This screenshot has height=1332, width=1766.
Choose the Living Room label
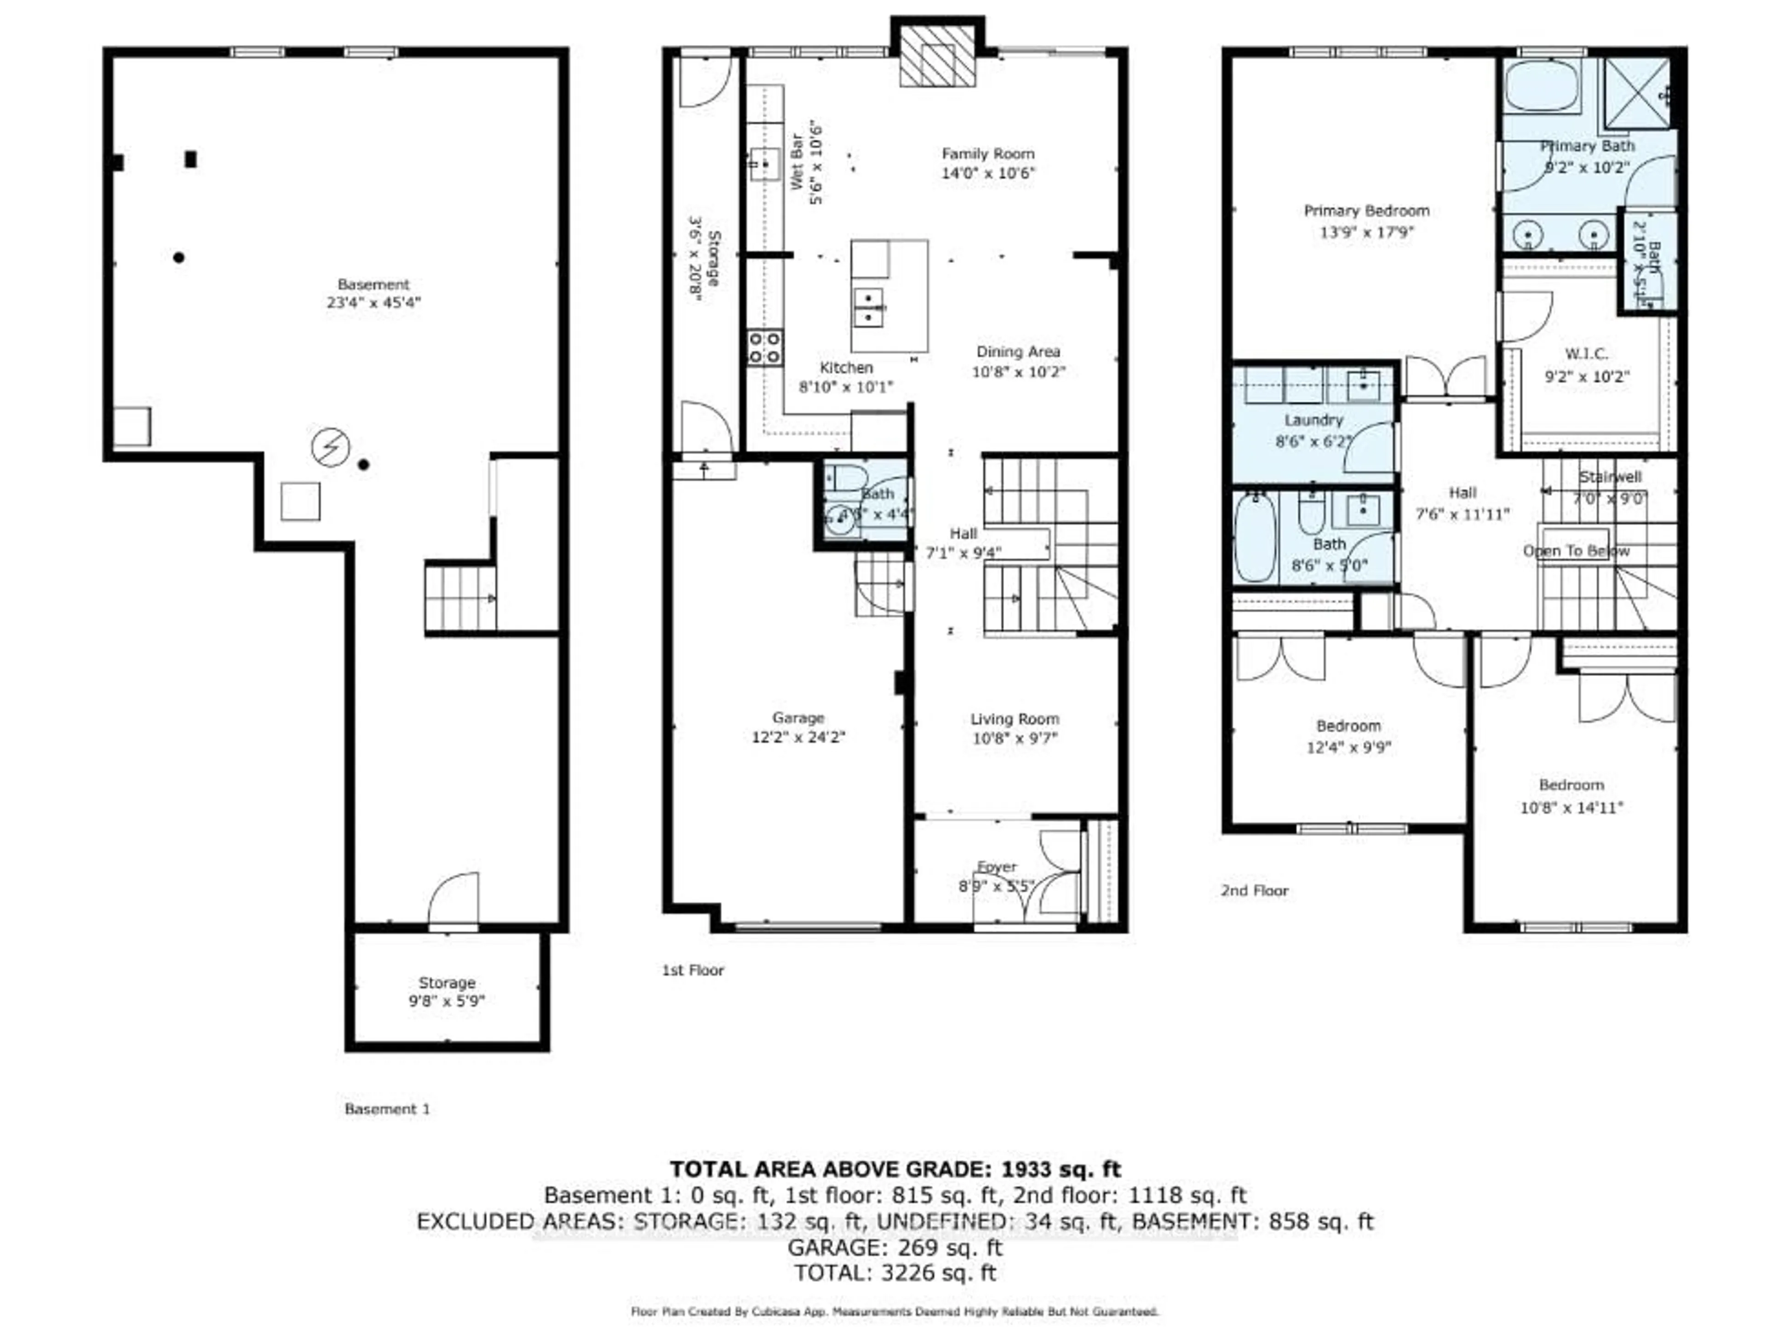pyautogui.click(x=1015, y=719)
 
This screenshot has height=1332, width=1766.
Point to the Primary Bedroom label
pyautogui.click(x=1366, y=211)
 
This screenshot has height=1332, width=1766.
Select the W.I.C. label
pyautogui.click(x=1586, y=353)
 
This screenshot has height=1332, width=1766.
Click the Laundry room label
pyautogui.click(x=1313, y=420)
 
